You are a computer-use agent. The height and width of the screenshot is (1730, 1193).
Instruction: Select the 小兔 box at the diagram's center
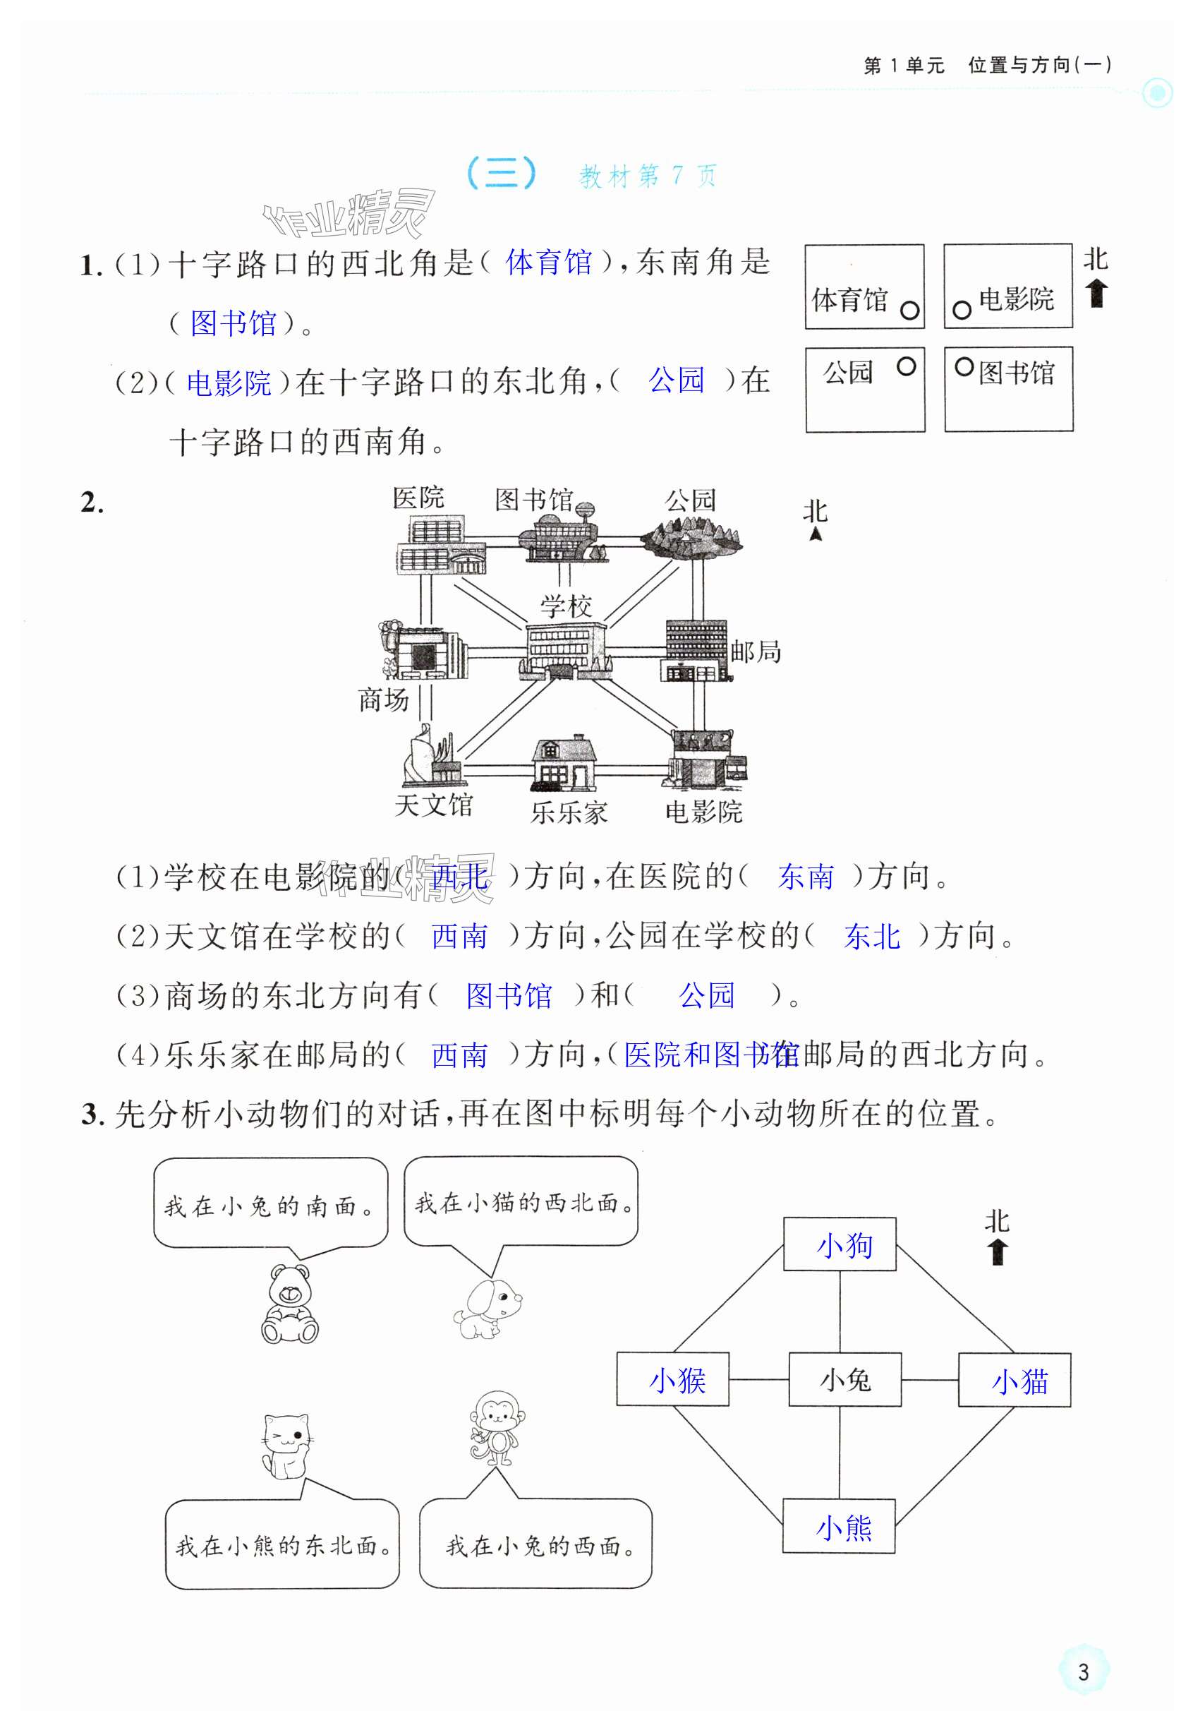(x=844, y=1379)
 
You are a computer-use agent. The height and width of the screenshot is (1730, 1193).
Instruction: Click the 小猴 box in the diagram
(x=673, y=1379)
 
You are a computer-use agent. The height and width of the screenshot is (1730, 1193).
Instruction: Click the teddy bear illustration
(x=290, y=1304)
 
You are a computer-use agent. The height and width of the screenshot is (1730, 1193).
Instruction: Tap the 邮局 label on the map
(x=756, y=652)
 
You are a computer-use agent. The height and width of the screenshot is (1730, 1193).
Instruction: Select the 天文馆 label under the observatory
(x=434, y=805)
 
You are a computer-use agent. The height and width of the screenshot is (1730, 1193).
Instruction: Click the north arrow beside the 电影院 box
(x=1096, y=293)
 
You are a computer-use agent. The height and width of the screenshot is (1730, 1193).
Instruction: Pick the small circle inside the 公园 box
(x=906, y=366)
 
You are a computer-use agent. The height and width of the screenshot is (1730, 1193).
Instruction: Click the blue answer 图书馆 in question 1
(x=234, y=323)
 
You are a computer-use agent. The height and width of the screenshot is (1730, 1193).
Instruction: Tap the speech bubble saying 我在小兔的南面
(x=271, y=1203)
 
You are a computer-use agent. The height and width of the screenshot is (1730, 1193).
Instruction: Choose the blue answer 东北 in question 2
(x=871, y=936)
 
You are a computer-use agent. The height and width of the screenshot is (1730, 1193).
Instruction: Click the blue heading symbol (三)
(x=501, y=174)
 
